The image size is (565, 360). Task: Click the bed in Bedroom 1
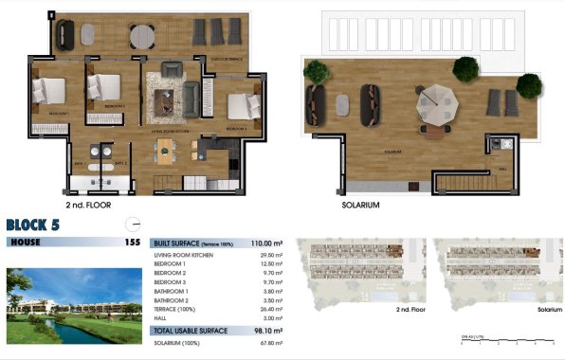tap(47, 91)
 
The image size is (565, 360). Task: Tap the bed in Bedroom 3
tap(244, 103)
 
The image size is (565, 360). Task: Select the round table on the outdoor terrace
tap(141, 36)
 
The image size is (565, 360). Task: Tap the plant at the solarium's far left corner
tap(314, 71)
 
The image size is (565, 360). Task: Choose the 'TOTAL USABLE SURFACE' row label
tap(187, 331)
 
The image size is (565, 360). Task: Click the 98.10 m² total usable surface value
tap(267, 331)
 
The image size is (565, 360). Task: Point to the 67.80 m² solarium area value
tap(269, 343)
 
